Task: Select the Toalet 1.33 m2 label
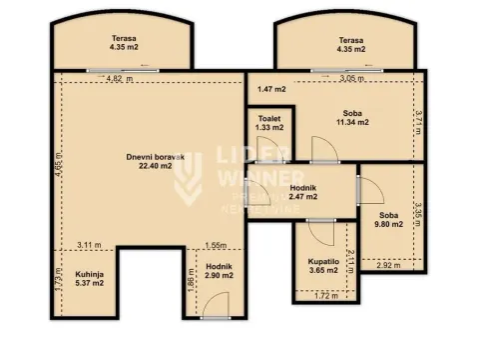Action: (267, 124)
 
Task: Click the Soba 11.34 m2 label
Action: (350, 119)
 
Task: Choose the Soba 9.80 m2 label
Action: (389, 220)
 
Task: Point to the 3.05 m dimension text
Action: (350, 78)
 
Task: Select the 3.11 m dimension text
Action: (90, 245)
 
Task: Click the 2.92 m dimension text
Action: (390, 265)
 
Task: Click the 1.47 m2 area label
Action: (270, 89)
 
